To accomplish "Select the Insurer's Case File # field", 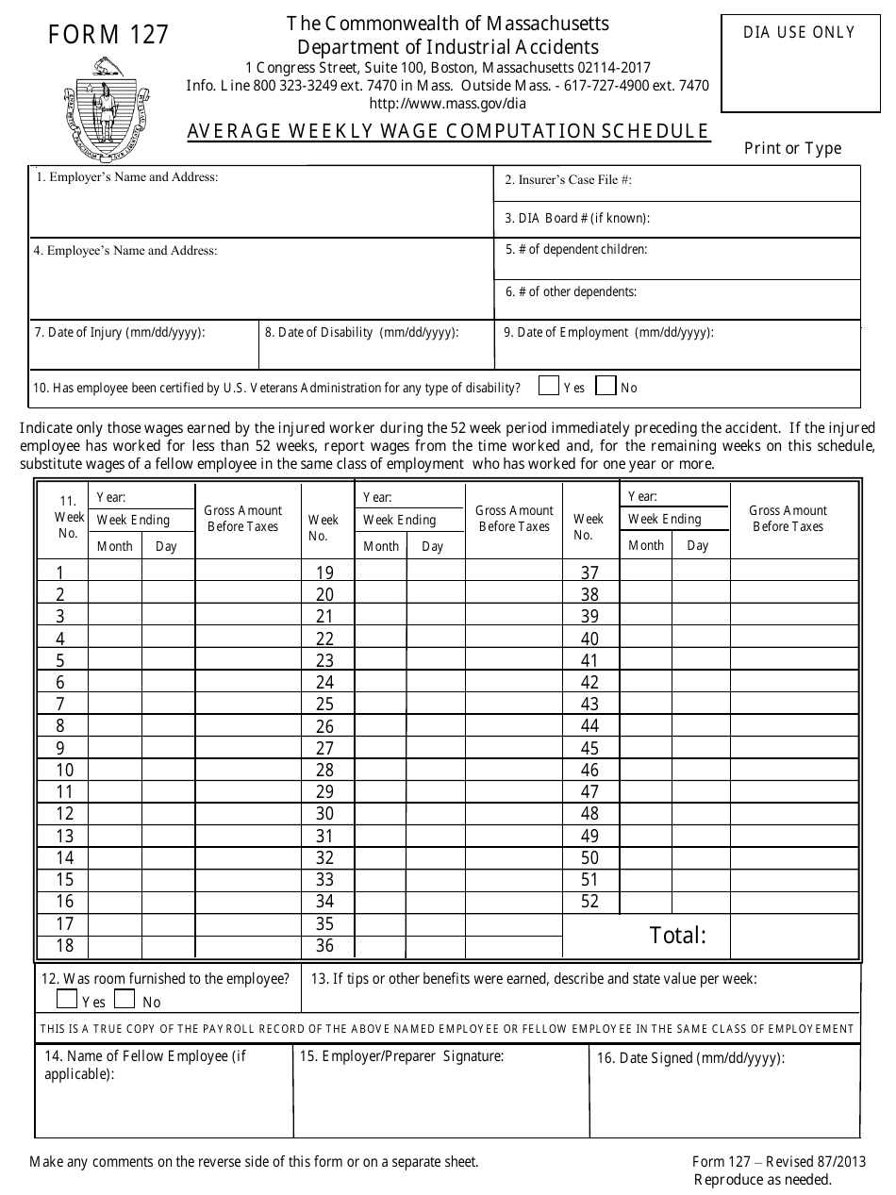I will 676,184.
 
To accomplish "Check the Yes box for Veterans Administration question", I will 548,386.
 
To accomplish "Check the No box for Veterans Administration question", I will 606,386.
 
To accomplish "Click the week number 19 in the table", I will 324,573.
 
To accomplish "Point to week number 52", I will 589,902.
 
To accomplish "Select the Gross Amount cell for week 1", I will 247,572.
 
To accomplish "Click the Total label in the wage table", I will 677,936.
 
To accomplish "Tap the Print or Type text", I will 792,148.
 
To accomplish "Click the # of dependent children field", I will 676,258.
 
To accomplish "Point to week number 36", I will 324,946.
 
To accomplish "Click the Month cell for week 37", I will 645,572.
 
